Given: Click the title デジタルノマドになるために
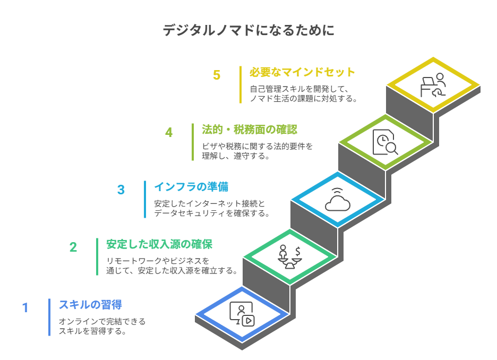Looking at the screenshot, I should pyautogui.click(x=248, y=30).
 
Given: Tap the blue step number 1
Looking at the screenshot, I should pyautogui.click(x=25, y=308).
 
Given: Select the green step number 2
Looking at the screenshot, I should pyautogui.click(x=73, y=247).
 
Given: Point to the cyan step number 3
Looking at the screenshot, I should pyautogui.click(x=121, y=190).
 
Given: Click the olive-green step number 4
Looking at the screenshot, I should pyautogui.click(x=169, y=132).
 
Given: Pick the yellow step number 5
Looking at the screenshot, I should pyautogui.click(x=217, y=75).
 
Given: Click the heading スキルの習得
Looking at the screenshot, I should pyautogui.click(x=90, y=305).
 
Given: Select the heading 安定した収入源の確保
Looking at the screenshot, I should pyautogui.click(x=159, y=244).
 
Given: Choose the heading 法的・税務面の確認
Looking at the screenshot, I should pyautogui.click(x=249, y=130).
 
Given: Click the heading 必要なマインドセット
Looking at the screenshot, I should pyautogui.click(x=302, y=72).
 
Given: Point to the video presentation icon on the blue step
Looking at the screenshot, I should pyautogui.click(x=242, y=314).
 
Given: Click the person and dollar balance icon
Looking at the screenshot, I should pyautogui.click(x=290, y=257).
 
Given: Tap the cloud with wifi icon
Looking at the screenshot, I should pyautogui.click(x=338, y=200).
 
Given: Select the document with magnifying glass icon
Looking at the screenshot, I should pyautogui.click(x=385, y=142).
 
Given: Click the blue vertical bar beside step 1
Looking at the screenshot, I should pyautogui.click(x=49, y=317).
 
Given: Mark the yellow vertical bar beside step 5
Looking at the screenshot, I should pyautogui.click(x=241, y=84).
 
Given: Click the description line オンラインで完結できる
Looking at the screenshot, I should pyautogui.click(x=102, y=322).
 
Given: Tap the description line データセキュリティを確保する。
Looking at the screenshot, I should pyautogui.click(x=212, y=213).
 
